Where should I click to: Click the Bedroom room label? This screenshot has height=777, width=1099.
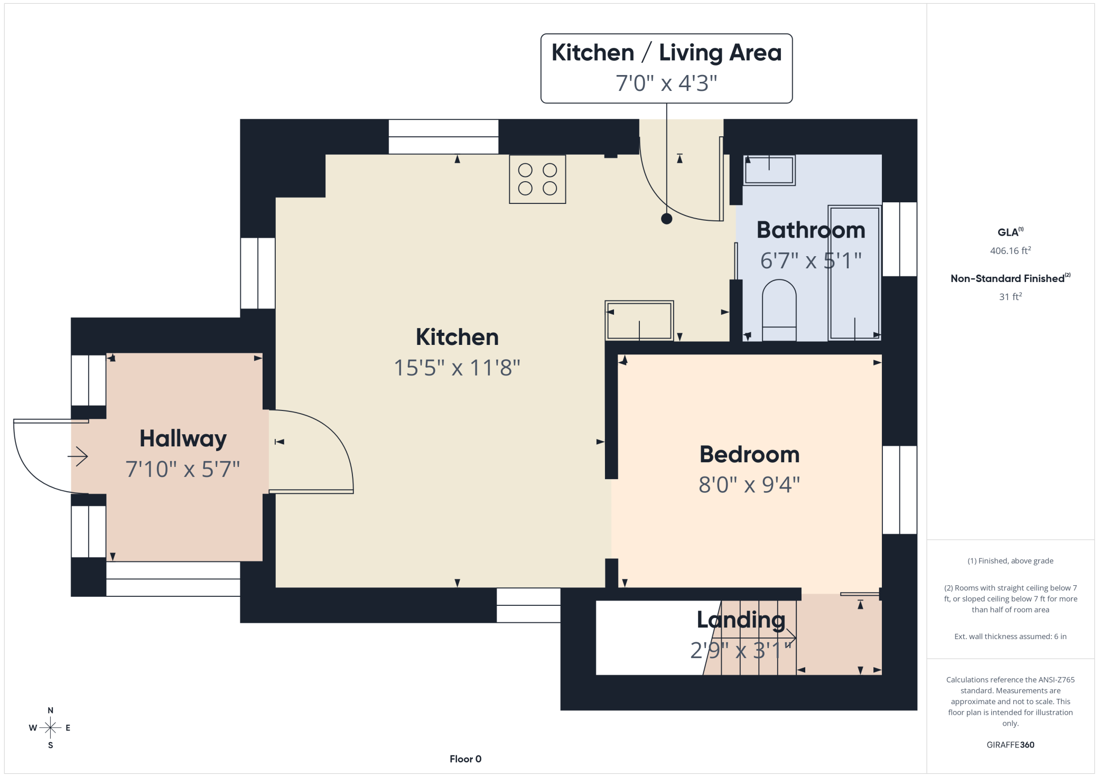click(749, 454)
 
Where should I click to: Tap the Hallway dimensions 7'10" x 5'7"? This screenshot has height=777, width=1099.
click(183, 469)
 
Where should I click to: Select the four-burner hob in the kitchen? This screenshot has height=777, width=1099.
click(537, 179)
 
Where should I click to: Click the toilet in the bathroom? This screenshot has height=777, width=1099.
click(779, 310)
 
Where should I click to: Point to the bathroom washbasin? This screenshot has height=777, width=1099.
click(769, 170)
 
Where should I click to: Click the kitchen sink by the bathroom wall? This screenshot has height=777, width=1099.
click(639, 321)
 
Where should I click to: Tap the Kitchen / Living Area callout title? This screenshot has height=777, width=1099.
click(666, 53)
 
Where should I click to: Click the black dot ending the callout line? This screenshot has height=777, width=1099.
click(667, 219)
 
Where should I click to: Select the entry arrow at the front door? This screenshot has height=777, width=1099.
click(78, 456)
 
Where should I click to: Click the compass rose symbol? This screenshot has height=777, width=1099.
click(50, 728)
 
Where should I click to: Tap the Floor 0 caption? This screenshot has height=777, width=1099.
click(465, 759)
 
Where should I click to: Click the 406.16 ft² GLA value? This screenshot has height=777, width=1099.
click(1010, 250)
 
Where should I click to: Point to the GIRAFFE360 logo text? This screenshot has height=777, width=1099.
click(1010, 745)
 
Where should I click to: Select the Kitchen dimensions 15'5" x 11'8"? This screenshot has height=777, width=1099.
click(457, 368)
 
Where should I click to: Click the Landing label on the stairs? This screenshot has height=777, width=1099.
click(741, 620)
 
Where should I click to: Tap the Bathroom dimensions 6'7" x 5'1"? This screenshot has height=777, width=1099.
click(811, 260)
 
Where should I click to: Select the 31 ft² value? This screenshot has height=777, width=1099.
click(1010, 296)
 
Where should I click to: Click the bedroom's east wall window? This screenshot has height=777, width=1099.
click(900, 490)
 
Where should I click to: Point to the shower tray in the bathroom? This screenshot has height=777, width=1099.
click(854, 273)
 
